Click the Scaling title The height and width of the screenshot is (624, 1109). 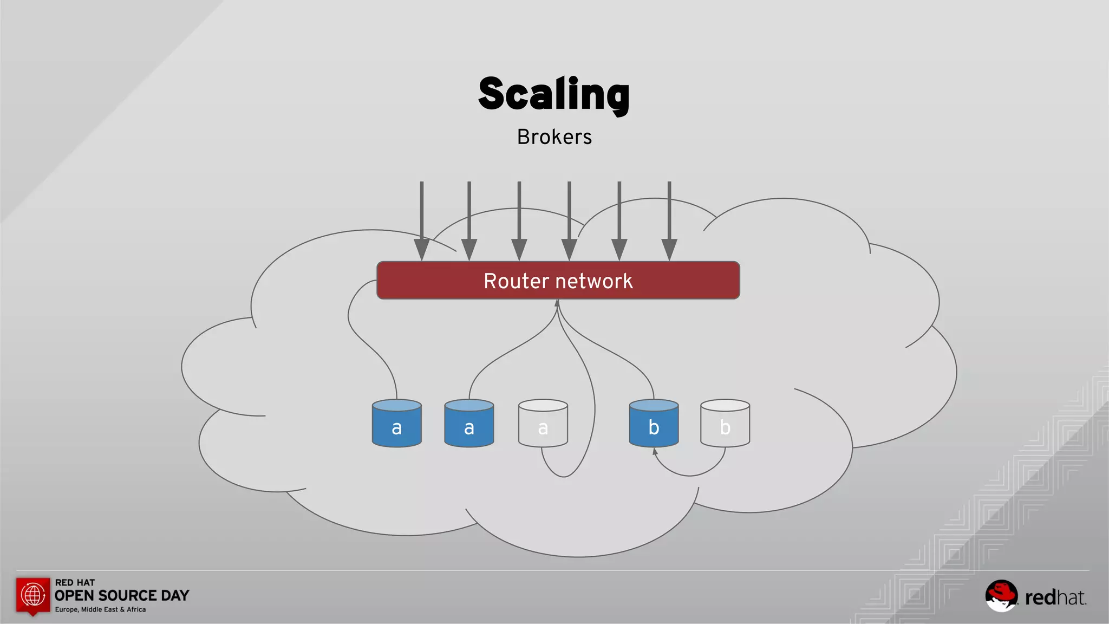click(554, 94)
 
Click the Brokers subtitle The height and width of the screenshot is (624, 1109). click(554, 137)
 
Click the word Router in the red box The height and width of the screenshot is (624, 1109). click(516, 281)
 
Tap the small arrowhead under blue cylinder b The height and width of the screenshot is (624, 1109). click(655, 451)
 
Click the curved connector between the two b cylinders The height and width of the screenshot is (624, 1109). click(690, 475)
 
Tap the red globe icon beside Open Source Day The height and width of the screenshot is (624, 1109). click(33, 595)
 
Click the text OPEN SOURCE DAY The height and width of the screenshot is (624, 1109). click(122, 596)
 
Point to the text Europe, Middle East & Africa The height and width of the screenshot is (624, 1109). click(100, 610)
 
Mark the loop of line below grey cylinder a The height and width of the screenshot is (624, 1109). click(563, 476)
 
